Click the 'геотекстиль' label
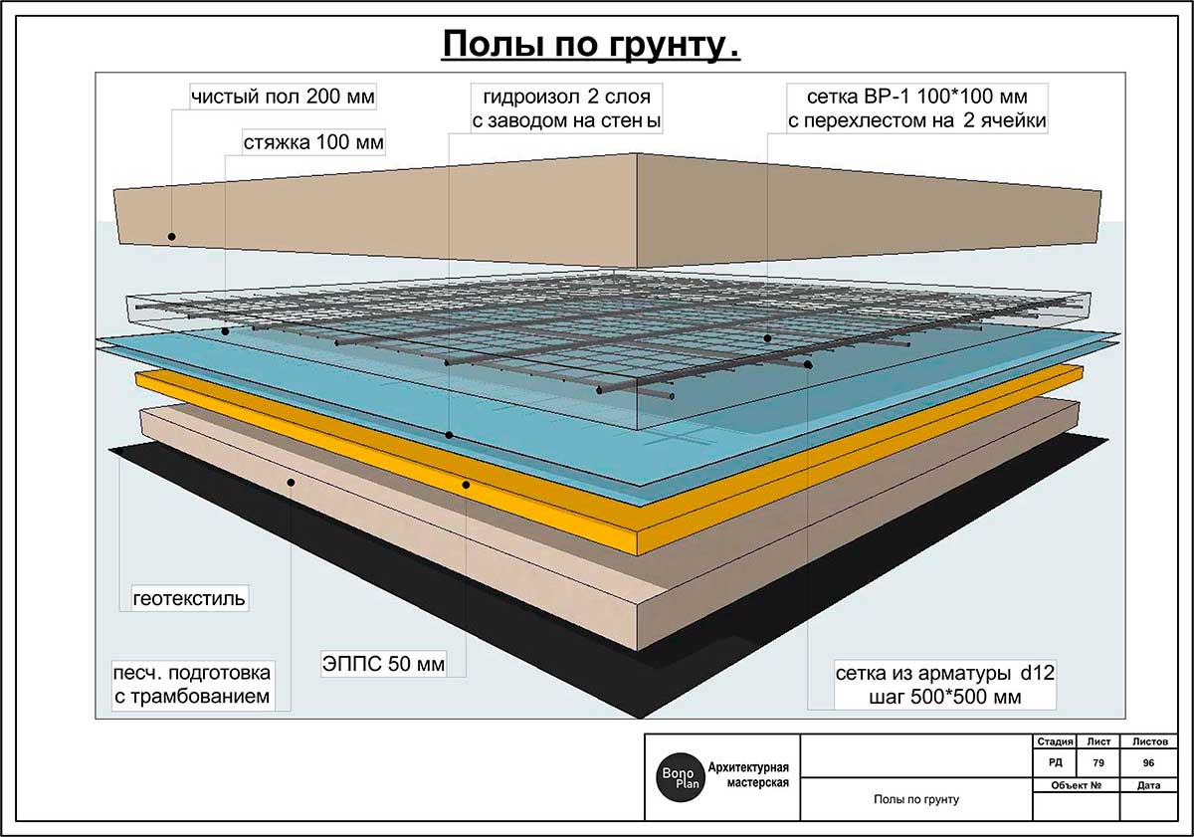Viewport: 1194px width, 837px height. point(189,599)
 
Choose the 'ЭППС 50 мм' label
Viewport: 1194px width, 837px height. point(382,663)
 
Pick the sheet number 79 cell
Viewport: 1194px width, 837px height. point(1098,762)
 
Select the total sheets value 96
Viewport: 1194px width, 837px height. point(1149,762)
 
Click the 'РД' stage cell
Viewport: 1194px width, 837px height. point(1055,762)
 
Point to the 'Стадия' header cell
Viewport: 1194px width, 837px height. point(1055,741)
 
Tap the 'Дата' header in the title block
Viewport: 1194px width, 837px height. point(1148,785)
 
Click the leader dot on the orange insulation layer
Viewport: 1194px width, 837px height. point(466,485)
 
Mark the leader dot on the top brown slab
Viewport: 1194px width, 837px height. point(171,237)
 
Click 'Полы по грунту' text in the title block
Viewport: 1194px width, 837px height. point(915,799)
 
